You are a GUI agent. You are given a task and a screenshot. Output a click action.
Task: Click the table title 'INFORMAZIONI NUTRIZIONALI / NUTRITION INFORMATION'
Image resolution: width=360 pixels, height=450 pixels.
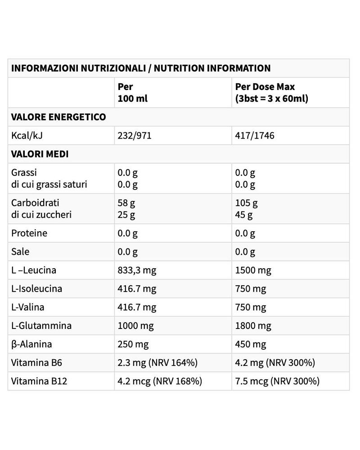coord(141,68)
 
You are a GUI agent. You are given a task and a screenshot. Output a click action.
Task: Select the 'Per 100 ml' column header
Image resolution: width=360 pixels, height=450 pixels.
coord(132,92)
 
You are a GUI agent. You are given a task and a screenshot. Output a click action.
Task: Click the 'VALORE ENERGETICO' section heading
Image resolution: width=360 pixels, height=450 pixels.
coord(58,117)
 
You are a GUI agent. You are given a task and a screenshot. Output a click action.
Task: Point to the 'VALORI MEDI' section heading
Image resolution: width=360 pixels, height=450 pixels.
coord(40,154)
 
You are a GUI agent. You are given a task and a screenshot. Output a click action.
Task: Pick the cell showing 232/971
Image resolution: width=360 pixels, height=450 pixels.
coord(135,135)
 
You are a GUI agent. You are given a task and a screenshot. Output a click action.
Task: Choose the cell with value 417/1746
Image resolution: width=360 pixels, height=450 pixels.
coord(255,135)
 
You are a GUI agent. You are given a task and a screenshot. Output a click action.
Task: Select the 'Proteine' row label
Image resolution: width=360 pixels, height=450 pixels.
coord(29,233)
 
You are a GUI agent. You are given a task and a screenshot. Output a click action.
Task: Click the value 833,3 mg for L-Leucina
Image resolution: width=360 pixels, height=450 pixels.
coord(137,270)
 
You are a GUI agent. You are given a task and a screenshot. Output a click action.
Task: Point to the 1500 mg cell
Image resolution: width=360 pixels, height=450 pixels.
coord(253,270)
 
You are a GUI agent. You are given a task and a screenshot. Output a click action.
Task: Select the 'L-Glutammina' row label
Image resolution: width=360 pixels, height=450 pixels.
coord(41,325)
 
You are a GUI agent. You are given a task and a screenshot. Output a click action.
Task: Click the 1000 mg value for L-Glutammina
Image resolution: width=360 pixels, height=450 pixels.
coord(135,325)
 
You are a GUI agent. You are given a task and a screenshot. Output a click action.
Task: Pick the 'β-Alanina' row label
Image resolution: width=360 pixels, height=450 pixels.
coord(31,344)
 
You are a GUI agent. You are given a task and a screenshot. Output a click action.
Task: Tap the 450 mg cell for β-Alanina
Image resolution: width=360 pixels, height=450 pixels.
coord(251,344)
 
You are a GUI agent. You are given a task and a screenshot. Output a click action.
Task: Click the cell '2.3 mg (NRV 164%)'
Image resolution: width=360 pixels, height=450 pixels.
coord(157,363)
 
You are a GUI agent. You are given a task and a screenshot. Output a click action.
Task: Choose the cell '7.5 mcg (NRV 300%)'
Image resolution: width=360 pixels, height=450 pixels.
coord(277,381)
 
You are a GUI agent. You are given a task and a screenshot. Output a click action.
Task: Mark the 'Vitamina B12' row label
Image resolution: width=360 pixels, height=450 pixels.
coord(39,381)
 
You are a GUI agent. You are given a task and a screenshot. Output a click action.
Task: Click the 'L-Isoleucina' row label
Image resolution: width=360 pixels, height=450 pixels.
coord(37,288)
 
